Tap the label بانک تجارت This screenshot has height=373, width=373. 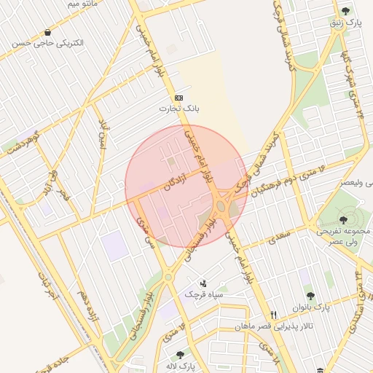(179, 109)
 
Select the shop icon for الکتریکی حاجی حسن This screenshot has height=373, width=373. (48, 32)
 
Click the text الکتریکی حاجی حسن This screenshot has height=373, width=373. (48, 43)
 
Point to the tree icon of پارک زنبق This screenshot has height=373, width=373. (345, 11)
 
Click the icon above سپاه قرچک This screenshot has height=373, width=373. (203, 283)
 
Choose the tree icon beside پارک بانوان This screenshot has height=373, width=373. (310, 296)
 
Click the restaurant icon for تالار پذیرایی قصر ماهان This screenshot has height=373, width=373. (273, 315)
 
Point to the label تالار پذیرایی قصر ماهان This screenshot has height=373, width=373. (272, 326)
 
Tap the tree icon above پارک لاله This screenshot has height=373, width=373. (180, 355)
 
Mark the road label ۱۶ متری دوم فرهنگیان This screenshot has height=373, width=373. (286, 180)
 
